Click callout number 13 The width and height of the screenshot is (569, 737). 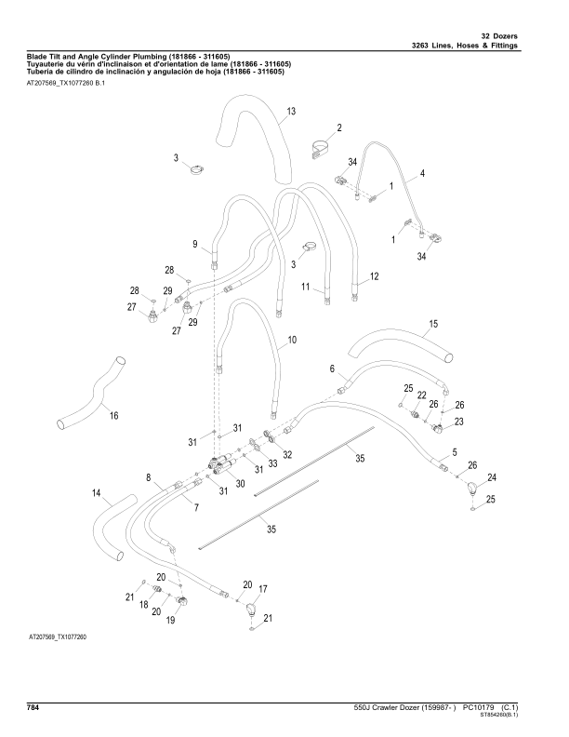pyautogui.click(x=291, y=112)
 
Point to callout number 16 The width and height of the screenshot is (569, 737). pyautogui.click(x=114, y=415)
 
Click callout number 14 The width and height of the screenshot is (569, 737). pyautogui.click(x=96, y=492)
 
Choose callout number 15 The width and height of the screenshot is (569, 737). pyautogui.click(x=433, y=325)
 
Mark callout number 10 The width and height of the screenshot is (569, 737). pyautogui.click(x=292, y=341)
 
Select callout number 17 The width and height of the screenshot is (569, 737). pyautogui.click(x=263, y=589)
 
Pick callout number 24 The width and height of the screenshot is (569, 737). pyautogui.click(x=492, y=477)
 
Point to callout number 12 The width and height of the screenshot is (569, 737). pyautogui.click(x=375, y=276)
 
